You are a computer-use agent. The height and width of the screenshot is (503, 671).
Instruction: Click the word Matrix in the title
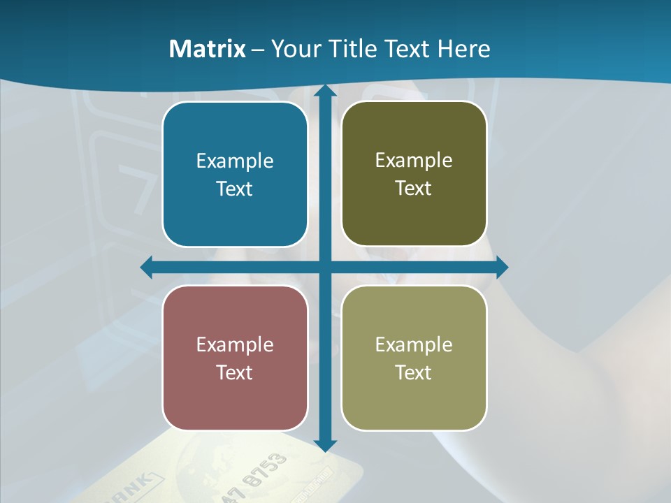208,49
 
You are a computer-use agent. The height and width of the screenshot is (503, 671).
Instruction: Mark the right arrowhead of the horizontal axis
502,268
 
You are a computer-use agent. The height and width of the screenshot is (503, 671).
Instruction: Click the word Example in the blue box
235,161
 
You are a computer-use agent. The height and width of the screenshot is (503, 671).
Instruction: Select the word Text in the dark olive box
414,188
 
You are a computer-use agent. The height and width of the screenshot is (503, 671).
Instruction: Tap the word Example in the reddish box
235,344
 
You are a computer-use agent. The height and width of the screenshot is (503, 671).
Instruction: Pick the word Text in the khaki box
414,372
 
